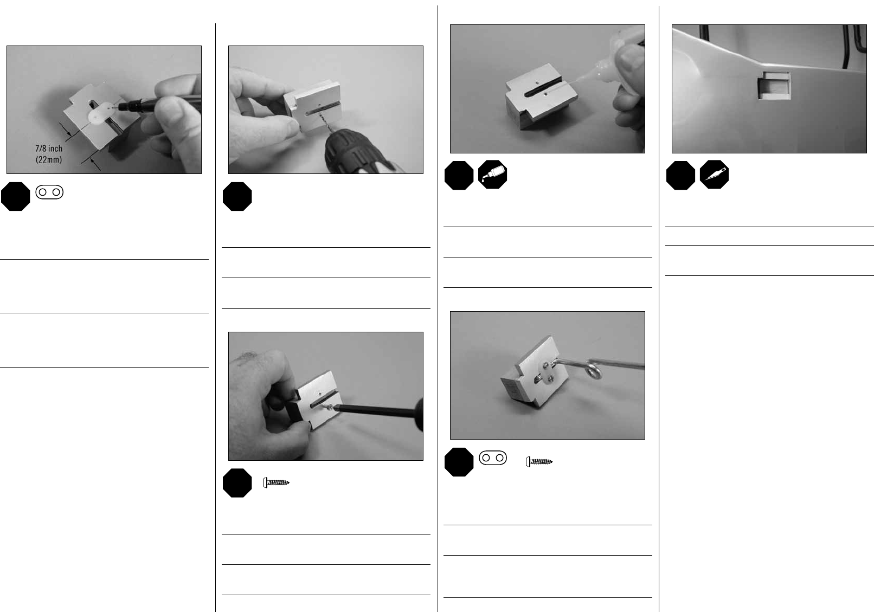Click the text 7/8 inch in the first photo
(49, 148)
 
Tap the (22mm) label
(49, 159)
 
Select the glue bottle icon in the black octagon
(492, 175)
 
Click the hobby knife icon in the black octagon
(714, 175)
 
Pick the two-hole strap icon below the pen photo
(49, 192)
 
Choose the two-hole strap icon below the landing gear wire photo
(493, 458)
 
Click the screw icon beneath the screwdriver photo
(276, 482)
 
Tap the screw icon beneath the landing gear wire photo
(539, 462)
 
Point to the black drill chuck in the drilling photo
(349, 150)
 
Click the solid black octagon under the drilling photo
(237, 196)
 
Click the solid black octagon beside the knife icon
(680, 176)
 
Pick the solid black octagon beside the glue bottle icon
(459, 176)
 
